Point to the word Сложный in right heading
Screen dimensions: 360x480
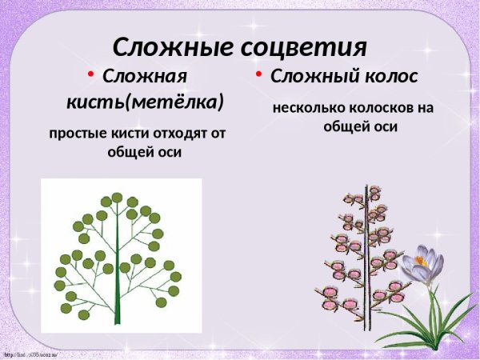coord(310,78)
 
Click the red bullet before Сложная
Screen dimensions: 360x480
coord(92,76)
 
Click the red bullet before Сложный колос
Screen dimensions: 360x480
coord(259,75)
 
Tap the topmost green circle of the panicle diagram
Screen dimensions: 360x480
coord(117,198)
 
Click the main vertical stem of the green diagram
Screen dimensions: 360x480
coord(118,264)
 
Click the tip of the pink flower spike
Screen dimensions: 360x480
coord(374,191)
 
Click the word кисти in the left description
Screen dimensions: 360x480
coord(126,134)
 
